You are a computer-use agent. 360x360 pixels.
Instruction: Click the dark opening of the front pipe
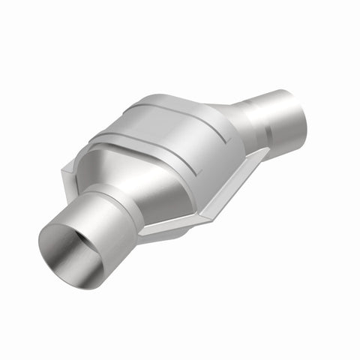coord(71,247)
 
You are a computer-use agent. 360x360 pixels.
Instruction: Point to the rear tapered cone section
coord(232,124)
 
